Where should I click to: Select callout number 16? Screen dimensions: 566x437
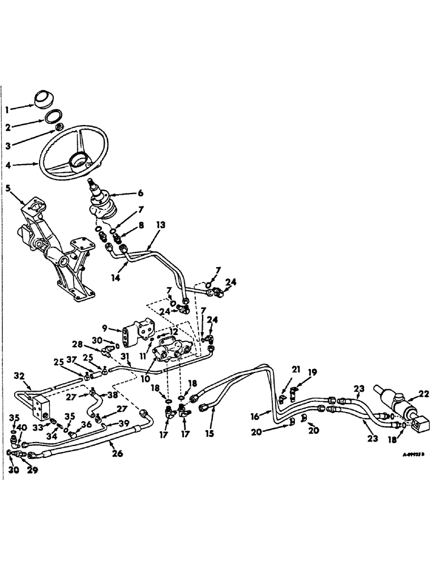pos(256,416)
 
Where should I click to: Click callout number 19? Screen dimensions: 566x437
pos(312,372)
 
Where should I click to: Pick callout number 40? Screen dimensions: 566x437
pos(22,428)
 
